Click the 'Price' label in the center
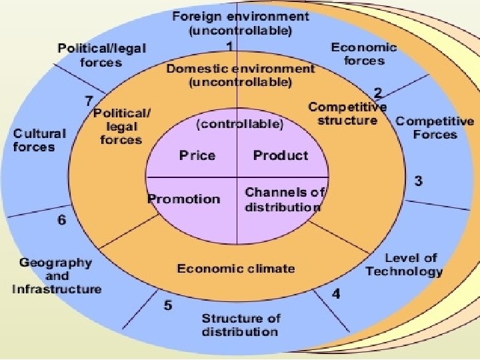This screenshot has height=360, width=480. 197,156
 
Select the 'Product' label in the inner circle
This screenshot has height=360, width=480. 280,156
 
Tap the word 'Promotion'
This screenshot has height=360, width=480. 183,199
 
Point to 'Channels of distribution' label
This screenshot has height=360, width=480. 284,199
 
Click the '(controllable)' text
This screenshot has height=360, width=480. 239,124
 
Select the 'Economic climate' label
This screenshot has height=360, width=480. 235,269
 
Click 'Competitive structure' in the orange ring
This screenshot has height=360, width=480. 347,114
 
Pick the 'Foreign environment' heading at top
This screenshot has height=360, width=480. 241,17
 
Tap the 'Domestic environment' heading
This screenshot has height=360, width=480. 241,69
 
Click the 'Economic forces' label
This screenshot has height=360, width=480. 364,54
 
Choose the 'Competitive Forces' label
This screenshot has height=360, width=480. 435,127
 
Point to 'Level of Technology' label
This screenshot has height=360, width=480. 404,265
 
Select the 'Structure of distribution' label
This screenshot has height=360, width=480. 240,325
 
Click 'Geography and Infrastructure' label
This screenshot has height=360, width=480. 57,275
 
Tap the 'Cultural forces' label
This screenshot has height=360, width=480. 39,139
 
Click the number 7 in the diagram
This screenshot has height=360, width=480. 88,101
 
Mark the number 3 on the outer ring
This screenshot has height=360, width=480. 418,181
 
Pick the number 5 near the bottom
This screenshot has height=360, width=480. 168,305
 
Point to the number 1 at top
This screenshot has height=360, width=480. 229,47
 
